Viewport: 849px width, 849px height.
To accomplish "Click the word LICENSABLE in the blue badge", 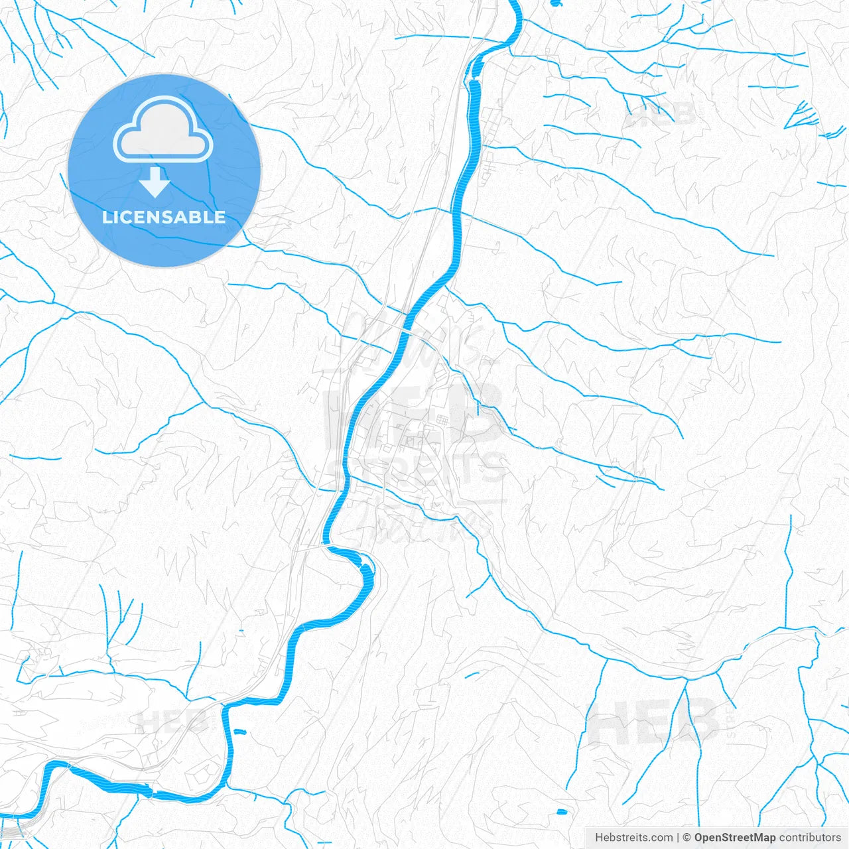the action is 164,217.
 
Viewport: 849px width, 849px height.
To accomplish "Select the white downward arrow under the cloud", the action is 155,182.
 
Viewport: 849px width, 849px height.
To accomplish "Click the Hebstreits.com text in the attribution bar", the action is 633,838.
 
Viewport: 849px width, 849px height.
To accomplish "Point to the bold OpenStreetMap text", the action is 734,838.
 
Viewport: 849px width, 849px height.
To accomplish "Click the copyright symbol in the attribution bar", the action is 687,838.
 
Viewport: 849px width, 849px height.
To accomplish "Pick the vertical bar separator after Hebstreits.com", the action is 678,838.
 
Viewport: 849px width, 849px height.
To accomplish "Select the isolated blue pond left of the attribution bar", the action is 562,811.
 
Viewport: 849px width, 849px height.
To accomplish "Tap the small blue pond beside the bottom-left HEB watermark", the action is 239,732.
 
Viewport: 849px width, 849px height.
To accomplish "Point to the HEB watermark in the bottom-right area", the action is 653,722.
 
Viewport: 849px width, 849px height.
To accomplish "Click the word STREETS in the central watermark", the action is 418,468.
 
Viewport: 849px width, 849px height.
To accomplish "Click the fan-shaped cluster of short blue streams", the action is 803,116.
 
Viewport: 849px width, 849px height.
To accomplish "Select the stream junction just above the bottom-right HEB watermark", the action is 685,679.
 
